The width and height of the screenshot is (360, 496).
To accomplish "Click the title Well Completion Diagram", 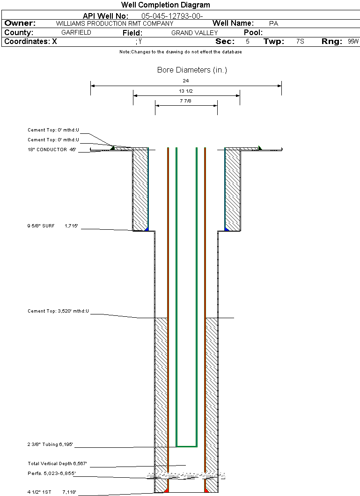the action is pos(165,5).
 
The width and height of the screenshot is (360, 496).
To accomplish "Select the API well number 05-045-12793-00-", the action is pos(172,16).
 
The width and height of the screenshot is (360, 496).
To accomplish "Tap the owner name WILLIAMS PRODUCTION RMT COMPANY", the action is pos(115,23).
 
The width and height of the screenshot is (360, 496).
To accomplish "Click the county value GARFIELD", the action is pos(76,32).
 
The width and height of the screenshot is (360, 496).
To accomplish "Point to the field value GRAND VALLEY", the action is pos(195,33).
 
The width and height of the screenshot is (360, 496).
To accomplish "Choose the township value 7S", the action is pos(300,41).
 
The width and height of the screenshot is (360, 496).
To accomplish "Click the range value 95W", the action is pos(353,41).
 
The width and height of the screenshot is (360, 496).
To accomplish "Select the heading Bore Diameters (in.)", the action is pos(192,70).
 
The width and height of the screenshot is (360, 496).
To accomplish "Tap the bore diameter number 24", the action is pos(186,80).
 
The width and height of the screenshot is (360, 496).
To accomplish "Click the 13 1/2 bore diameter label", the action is pos(186,91).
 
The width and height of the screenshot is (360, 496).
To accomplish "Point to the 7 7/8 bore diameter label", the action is pos(186,101).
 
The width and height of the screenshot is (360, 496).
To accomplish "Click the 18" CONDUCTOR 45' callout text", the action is pos(52,149).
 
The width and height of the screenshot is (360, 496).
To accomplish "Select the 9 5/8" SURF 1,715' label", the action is pos(52,226).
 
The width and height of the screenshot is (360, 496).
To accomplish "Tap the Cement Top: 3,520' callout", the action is pos(58,311).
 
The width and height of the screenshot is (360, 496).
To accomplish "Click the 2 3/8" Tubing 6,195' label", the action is pos(50,445).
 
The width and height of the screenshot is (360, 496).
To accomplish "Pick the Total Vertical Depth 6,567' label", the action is pos(57,463).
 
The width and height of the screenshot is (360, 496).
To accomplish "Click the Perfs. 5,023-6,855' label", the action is pos(51,474).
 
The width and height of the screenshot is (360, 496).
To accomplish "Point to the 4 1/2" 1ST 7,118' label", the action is pos(52,492).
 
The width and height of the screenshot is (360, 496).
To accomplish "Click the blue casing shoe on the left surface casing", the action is pos(147,229).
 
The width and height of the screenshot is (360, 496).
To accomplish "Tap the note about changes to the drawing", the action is pos(181,52).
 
